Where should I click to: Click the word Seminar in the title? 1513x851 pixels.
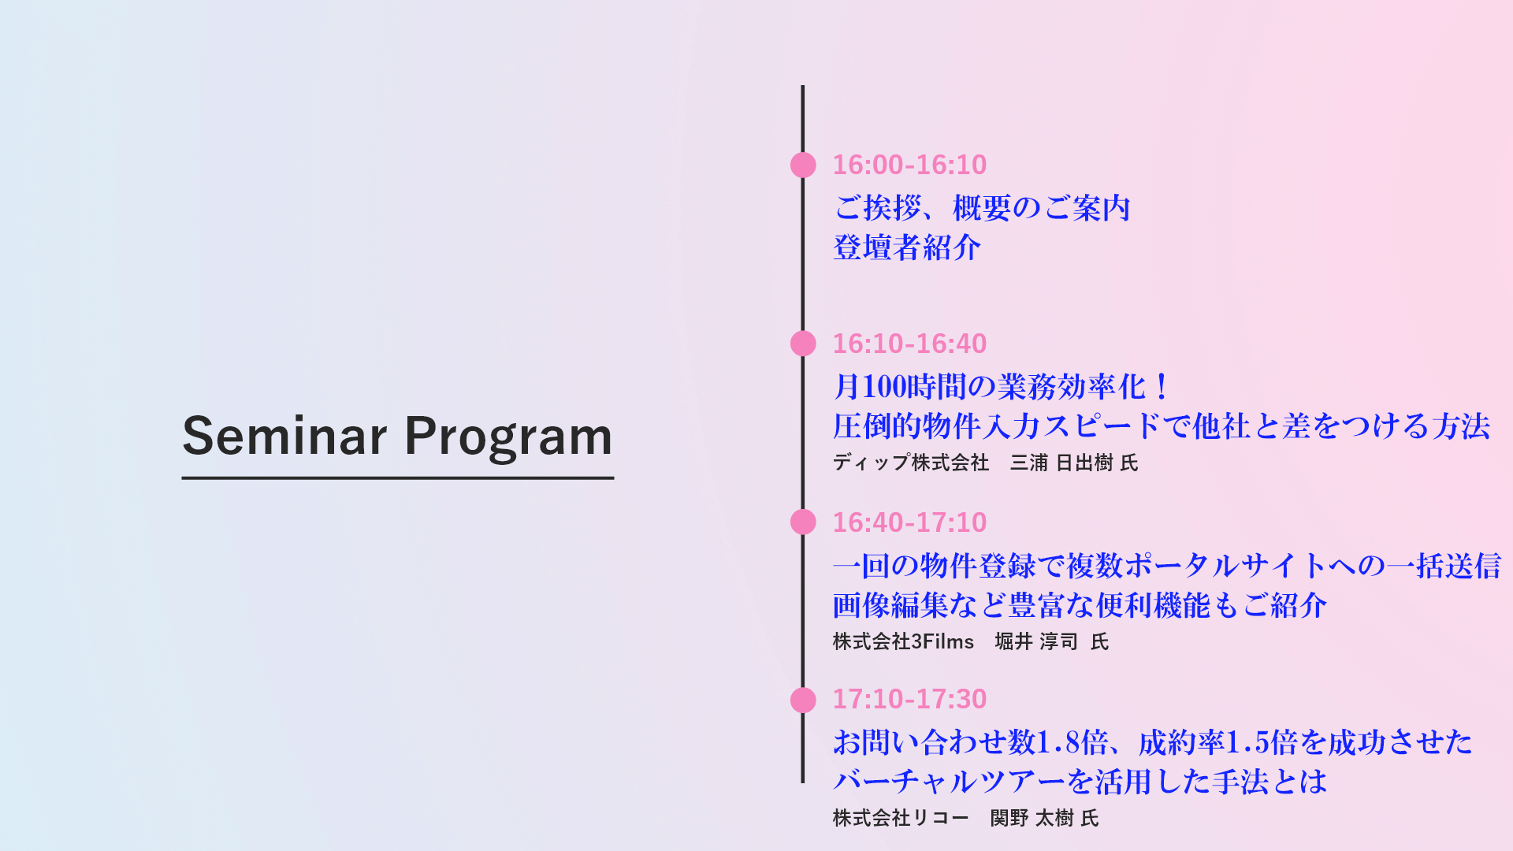[x=284, y=436]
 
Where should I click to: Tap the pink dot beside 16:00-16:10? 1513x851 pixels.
[x=803, y=165]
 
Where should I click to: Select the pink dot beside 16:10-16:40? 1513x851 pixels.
[x=803, y=344]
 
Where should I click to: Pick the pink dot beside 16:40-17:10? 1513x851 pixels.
[x=803, y=522]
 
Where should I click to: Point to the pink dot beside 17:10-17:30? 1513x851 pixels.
[x=803, y=700]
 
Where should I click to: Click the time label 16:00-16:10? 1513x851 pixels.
[x=909, y=165]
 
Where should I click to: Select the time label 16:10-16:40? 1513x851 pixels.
[x=909, y=344]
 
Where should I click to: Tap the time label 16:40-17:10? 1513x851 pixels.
[x=909, y=522]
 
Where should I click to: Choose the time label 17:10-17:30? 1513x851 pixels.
[x=909, y=699]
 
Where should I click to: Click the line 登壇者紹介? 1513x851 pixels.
[x=907, y=247]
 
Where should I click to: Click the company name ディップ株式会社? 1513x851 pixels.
[x=911, y=463]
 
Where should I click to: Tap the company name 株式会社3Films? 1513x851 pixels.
[x=903, y=641]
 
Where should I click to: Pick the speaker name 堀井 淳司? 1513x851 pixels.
[x=1036, y=641]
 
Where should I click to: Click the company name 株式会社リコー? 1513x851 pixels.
[x=901, y=818]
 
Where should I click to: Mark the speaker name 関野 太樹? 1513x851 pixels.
[x=1032, y=818]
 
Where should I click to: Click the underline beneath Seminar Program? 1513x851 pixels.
[x=398, y=478]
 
